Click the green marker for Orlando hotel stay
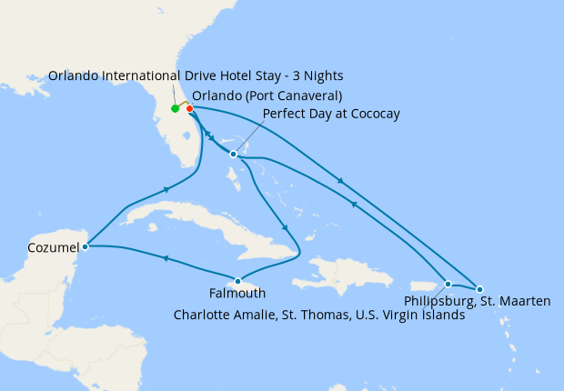175,109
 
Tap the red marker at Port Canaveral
189,109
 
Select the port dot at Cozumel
85,246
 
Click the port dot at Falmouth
237,281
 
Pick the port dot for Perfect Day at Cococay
234,154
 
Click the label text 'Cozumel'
54,247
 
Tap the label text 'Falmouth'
237,294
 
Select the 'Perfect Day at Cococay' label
331,114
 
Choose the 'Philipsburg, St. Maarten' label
478,301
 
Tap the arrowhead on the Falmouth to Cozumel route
165,259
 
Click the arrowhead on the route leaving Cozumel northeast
166,189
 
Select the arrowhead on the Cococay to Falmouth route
286,227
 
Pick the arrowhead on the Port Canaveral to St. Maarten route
341,182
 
